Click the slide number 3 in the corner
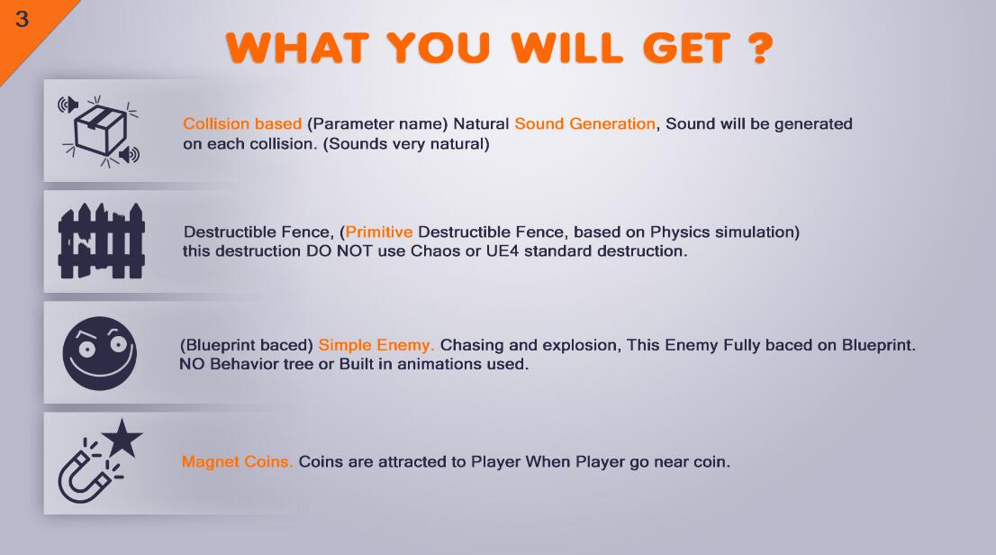click(22, 19)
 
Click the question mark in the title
click(760, 49)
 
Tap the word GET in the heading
click(686, 49)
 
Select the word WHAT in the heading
click(297, 49)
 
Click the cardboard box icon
click(100, 129)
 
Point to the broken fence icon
click(101, 241)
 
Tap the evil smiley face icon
click(100, 353)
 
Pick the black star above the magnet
click(122, 438)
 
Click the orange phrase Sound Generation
click(584, 124)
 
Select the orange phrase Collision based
click(242, 124)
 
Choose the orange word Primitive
click(378, 232)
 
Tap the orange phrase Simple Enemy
click(376, 345)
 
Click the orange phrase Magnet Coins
click(237, 462)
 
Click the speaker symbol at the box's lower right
click(130, 154)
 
